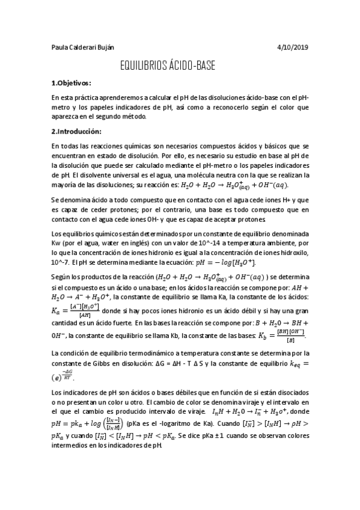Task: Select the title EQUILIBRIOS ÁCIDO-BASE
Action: point(168,65)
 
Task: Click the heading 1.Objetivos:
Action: point(71,83)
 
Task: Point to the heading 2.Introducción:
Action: point(76,131)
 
